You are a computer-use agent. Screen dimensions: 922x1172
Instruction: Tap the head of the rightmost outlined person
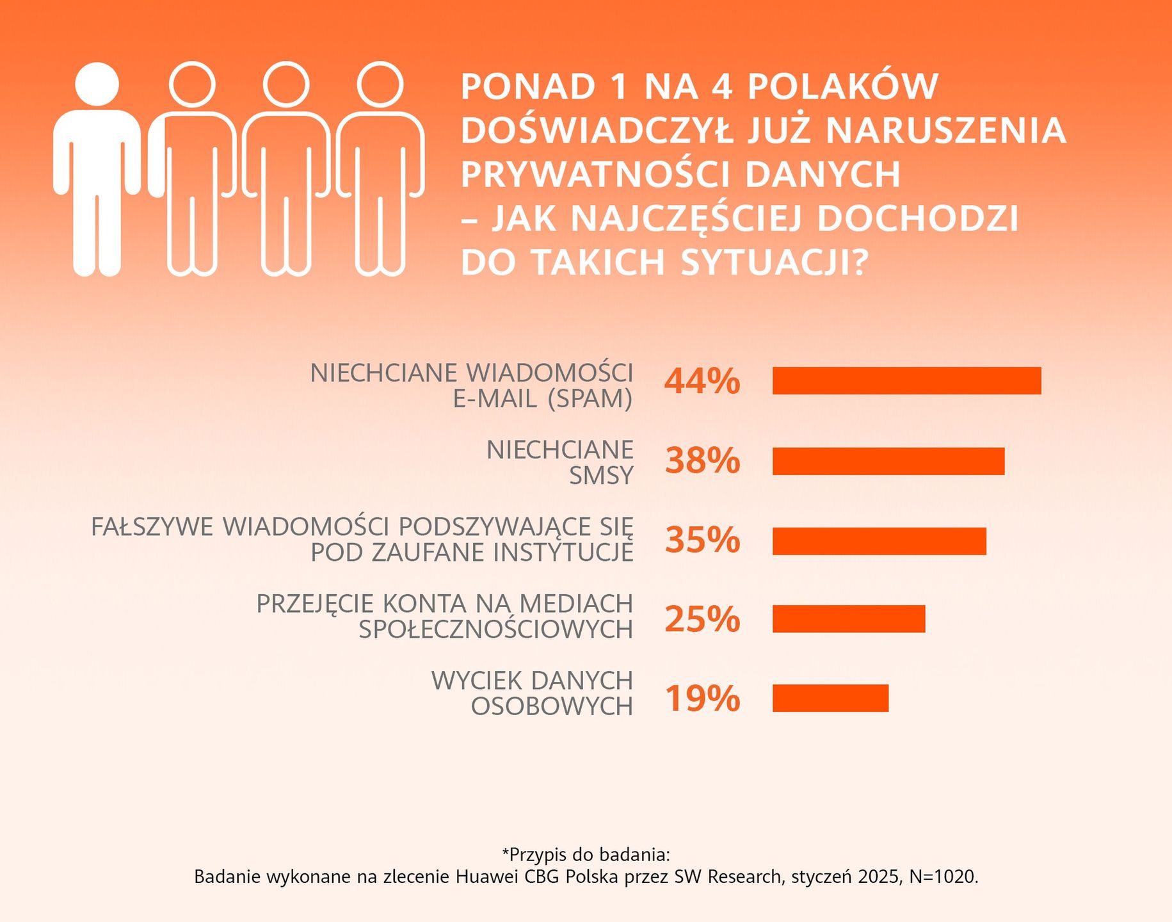[x=380, y=85]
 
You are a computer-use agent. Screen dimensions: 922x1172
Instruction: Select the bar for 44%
[x=906, y=381]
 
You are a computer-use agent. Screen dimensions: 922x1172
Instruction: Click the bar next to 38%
[x=888, y=461]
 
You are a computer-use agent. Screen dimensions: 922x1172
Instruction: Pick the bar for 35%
[x=879, y=541]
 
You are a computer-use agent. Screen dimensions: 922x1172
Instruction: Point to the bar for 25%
[x=848, y=619]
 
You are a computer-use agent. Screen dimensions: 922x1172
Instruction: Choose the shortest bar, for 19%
[x=830, y=698]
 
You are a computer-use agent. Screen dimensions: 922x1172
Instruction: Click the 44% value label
[x=702, y=382]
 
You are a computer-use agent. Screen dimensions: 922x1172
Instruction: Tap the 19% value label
[x=702, y=699]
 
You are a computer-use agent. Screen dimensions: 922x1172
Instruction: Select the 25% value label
[x=702, y=619]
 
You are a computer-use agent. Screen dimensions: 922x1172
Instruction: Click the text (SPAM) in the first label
[x=590, y=399]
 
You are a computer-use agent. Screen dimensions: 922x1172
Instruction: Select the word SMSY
[x=601, y=476]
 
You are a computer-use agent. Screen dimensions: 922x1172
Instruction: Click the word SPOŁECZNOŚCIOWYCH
[x=495, y=630]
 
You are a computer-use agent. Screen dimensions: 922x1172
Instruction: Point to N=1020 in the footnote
[x=943, y=877]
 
